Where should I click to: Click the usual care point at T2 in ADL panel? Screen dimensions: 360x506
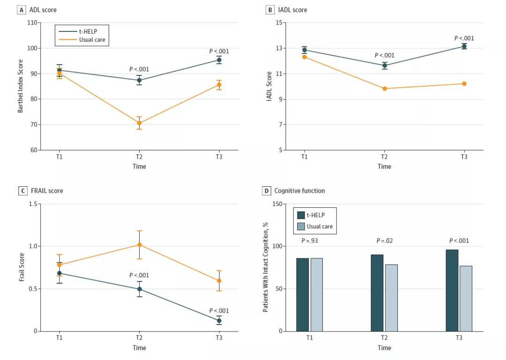[139, 123]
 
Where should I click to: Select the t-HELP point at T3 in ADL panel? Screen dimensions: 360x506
[219, 60]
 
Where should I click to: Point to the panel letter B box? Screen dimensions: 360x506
[269, 10]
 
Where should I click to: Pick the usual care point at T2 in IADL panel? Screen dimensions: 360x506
[385, 88]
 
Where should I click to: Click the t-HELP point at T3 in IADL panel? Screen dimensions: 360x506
[464, 46]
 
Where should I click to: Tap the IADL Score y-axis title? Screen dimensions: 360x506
[269, 87]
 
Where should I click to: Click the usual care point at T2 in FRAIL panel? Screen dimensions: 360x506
[139, 244]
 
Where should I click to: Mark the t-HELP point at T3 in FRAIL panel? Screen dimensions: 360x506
[219, 321]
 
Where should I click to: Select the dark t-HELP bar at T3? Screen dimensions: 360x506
[452, 290]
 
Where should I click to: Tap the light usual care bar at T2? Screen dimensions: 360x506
[391, 298]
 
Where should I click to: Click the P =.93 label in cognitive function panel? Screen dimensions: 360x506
[309, 241]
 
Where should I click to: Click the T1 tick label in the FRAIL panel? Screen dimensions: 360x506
[60, 338]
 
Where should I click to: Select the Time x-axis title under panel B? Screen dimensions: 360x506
[384, 166]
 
